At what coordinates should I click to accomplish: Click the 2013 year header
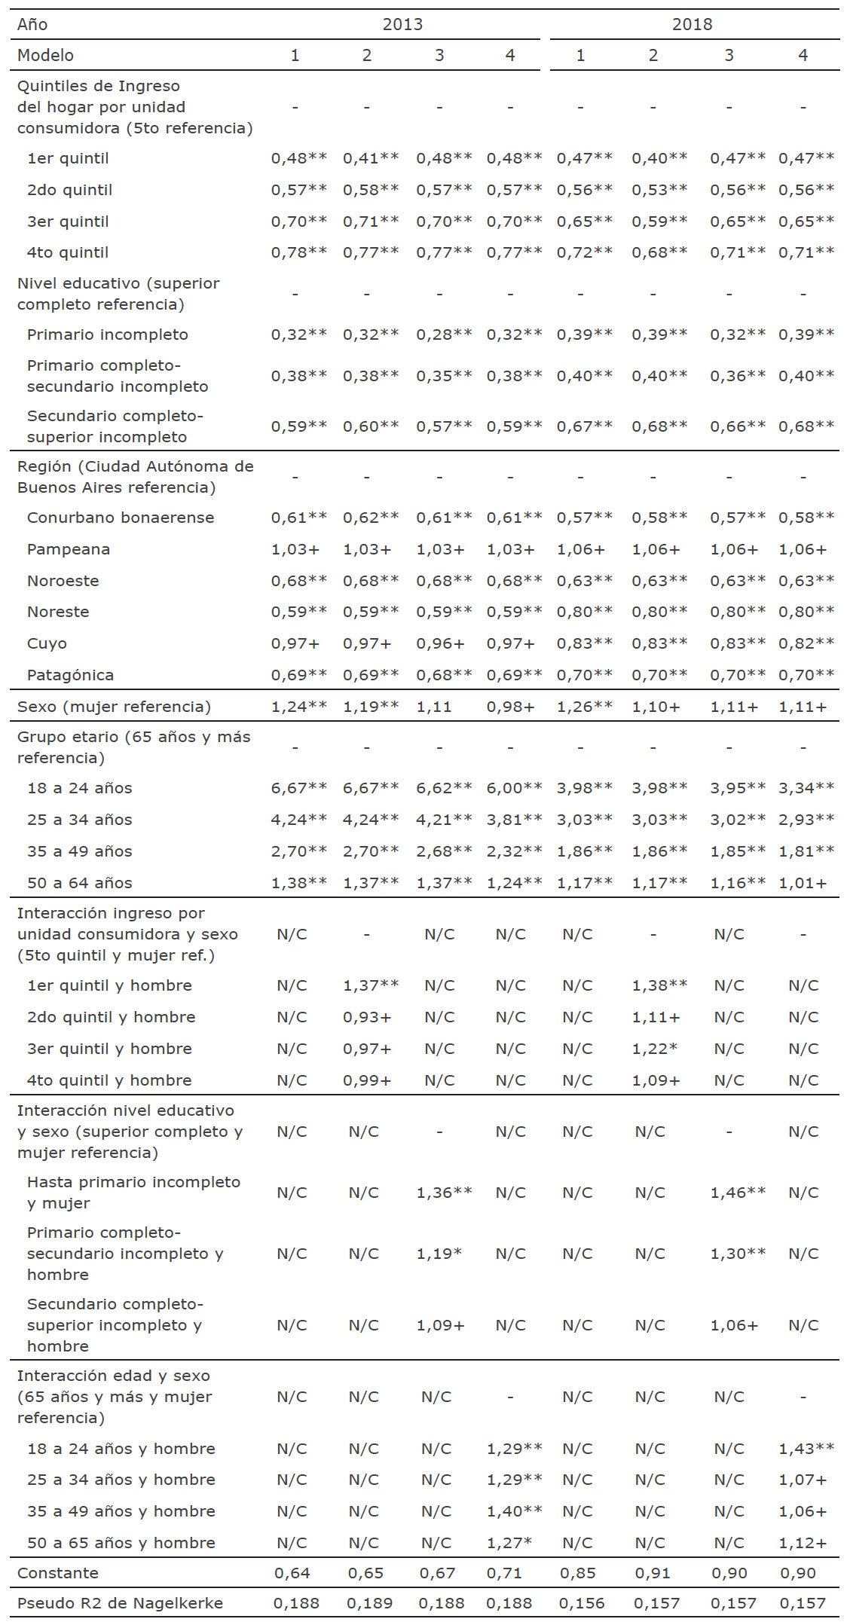coord(402,24)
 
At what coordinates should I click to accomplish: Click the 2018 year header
coord(692,24)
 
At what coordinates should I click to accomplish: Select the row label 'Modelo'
coord(45,55)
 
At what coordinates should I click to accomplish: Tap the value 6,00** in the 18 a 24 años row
coord(514,788)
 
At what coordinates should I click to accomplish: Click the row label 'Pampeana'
coord(69,549)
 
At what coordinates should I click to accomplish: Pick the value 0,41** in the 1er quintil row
coord(371,158)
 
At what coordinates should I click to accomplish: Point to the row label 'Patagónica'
coord(70,675)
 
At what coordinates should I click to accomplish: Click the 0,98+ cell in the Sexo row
coord(510,707)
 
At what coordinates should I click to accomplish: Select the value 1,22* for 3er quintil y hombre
coord(655,1049)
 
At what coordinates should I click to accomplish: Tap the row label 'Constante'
coord(58,1573)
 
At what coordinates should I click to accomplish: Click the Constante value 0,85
coord(578,1573)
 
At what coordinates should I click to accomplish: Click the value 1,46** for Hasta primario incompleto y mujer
coord(738,1193)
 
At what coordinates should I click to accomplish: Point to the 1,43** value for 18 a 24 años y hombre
coord(806,1449)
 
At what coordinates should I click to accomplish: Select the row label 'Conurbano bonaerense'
coord(121,518)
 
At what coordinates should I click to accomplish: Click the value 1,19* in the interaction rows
coord(439,1254)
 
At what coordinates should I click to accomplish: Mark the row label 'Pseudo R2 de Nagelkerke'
coord(120,1603)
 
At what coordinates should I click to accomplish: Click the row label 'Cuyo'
coord(47,643)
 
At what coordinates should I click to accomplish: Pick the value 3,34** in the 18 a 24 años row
coord(806,788)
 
